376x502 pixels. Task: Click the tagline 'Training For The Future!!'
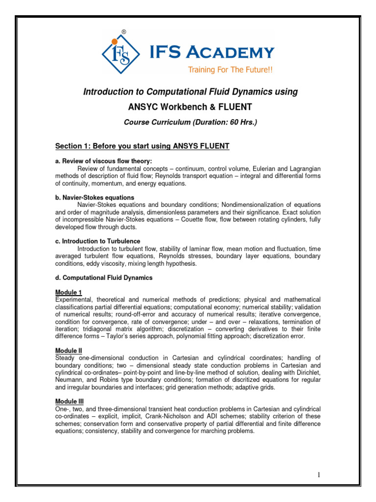pos(230,70)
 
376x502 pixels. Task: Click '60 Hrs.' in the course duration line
pos(242,122)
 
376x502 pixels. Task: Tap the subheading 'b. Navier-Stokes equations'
pos(94,198)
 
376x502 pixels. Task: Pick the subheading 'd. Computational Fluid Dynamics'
pos(104,277)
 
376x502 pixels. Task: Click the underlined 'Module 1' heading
pos(68,292)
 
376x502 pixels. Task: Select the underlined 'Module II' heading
pos(69,351)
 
